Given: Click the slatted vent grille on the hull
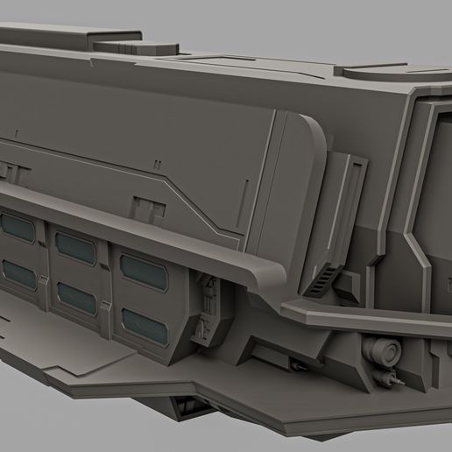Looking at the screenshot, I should (x=322, y=283).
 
